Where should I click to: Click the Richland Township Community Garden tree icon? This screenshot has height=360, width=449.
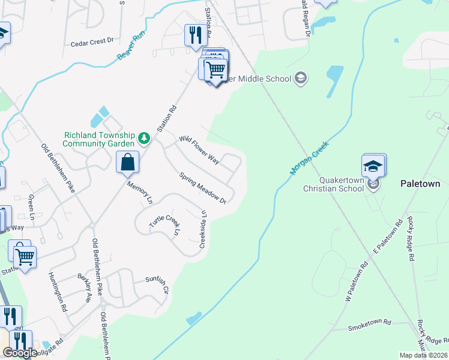[x=143, y=139]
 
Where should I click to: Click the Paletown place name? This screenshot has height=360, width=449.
[x=421, y=184]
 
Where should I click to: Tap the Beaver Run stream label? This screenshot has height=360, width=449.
[x=131, y=46]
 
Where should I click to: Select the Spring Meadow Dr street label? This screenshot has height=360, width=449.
[x=202, y=188]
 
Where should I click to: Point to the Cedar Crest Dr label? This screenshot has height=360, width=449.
[x=92, y=42]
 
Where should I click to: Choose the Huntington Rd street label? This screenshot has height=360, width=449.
[x=58, y=292]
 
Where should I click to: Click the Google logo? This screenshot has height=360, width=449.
[x=20, y=353]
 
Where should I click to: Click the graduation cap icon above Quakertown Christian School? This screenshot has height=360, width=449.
[x=373, y=166]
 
